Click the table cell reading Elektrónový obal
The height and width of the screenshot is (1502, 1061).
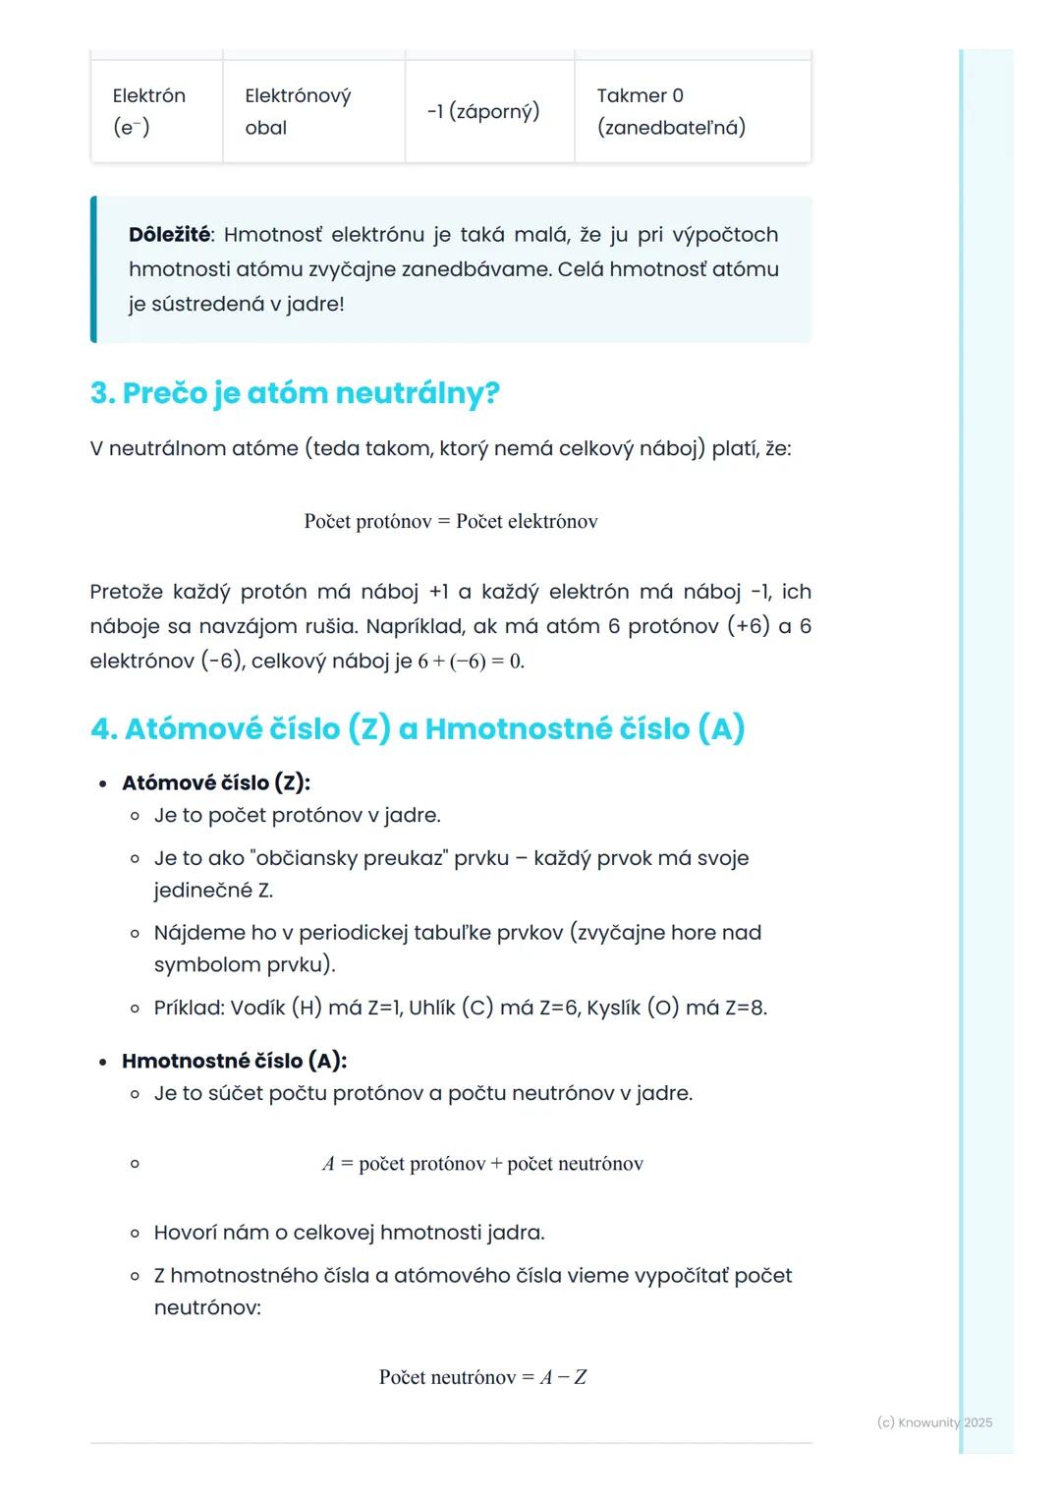[312, 111]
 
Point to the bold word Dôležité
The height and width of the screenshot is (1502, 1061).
[169, 235]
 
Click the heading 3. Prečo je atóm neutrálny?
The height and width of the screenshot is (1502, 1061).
[295, 393]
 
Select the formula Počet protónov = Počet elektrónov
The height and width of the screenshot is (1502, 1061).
[451, 522]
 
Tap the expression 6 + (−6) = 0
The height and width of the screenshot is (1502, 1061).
[472, 662]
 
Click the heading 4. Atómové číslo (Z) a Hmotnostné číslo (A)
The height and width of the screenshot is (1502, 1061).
[418, 728]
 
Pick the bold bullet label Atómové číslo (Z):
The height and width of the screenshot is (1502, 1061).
[216, 782]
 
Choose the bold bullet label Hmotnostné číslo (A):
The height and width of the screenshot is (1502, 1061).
[234, 1061]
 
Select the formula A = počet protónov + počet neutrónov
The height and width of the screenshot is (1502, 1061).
[482, 1164]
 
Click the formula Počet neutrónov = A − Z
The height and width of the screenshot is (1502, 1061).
[482, 1377]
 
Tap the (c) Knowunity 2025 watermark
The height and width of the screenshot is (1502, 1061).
[934, 1422]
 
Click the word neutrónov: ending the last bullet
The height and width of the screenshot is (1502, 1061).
[207, 1307]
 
